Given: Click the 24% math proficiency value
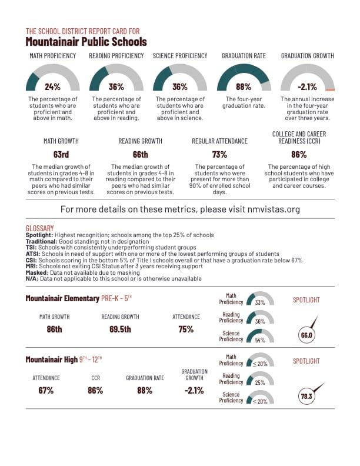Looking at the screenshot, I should (53, 86).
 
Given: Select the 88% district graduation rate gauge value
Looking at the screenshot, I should (244, 86).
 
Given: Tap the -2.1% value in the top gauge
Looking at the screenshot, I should (307, 86).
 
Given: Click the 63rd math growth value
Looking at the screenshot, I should (61, 155).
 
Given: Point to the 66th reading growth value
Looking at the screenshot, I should (140, 155).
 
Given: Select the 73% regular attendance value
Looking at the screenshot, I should (219, 155).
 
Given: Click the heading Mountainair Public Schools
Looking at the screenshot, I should (86, 42).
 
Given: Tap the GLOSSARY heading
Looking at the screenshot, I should (40, 228).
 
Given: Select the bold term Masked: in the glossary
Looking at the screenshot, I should (36, 272).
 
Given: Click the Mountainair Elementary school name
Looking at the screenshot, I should (62, 298).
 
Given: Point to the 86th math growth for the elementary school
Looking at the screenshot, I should (54, 329).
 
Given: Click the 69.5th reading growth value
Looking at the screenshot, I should (120, 329).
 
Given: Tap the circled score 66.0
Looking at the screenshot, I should (306, 335).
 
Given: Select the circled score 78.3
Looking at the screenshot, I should (306, 397).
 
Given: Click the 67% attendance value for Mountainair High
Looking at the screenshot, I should (46, 390).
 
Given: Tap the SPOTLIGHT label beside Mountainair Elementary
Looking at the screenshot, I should (306, 300).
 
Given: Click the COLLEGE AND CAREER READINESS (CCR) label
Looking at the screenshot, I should (299, 138).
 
